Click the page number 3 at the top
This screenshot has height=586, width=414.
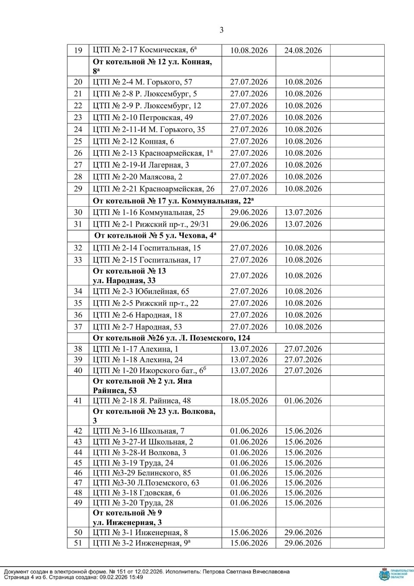[x=222, y=30]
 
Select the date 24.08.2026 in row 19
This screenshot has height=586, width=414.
[x=303, y=50]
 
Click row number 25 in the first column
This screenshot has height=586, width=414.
[x=78, y=142]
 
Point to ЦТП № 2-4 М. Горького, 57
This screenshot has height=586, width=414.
[x=143, y=82]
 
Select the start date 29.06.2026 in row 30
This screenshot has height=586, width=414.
[x=248, y=212]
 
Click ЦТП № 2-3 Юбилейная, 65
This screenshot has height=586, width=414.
[x=141, y=291]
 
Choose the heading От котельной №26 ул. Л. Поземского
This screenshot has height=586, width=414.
[x=172, y=338]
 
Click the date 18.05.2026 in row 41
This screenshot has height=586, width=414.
[x=248, y=400]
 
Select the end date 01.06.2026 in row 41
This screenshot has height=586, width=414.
[x=303, y=400]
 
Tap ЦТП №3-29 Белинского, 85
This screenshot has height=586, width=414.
[x=142, y=473]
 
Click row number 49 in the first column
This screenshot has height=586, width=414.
[x=78, y=503]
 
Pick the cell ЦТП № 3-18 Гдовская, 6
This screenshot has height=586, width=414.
[x=137, y=493]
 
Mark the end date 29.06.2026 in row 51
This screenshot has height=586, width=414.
[x=303, y=543]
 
